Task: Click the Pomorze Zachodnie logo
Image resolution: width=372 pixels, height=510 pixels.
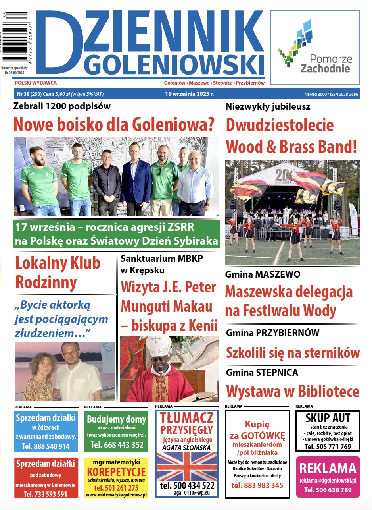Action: (x=314, y=48)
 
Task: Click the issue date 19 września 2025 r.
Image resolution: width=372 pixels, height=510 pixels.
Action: (x=190, y=94)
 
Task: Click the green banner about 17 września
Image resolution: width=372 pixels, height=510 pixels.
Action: (x=116, y=234)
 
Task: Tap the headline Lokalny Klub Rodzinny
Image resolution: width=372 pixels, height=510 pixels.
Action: (x=58, y=272)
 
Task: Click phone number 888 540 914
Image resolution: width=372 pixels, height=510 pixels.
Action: (x=46, y=446)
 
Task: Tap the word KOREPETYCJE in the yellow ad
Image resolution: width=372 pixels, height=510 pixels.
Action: (x=116, y=472)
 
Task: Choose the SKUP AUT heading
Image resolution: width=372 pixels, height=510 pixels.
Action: (x=328, y=418)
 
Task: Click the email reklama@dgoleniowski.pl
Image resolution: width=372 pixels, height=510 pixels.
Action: (x=328, y=480)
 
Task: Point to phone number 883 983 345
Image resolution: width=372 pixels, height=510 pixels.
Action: (x=257, y=485)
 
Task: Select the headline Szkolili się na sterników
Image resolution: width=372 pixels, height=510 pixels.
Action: (x=293, y=352)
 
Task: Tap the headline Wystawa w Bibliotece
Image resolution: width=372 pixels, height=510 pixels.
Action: (x=293, y=391)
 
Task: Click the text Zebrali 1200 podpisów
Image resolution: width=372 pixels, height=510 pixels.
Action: (x=62, y=106)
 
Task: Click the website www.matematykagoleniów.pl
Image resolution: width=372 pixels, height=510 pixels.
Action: (x=116, y=495)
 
